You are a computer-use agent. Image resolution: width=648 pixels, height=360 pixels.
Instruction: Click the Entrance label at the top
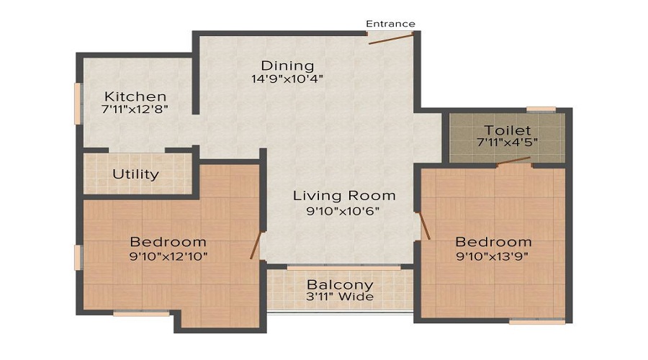[390, 24]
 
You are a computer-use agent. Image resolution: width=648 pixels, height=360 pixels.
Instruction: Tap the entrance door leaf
[390, 40]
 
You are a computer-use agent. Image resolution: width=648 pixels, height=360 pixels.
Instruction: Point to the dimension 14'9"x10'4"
[287, 78]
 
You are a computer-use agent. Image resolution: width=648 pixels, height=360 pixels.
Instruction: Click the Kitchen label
[135, 96]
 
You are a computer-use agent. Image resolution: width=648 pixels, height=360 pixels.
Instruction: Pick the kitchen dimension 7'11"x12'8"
[135, 109]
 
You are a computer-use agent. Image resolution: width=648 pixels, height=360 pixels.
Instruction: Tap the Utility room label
[135, 174]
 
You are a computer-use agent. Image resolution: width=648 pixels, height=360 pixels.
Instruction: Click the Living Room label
[344, 195]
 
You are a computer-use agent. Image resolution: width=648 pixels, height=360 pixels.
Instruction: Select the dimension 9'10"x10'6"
[343, 211]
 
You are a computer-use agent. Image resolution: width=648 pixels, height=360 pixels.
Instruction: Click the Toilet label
[508, 130]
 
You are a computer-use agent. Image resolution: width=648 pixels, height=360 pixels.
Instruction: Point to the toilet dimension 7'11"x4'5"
[508, 142]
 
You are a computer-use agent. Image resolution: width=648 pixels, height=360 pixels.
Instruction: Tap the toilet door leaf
[513, 161]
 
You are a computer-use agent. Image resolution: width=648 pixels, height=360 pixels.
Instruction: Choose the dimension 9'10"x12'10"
[168, 256]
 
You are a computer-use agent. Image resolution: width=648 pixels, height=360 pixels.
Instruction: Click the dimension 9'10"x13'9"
[492, 256]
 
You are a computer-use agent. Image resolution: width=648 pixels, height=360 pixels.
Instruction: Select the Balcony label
[340, 284]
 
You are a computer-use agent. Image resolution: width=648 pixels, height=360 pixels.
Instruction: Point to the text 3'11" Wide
[340, 297]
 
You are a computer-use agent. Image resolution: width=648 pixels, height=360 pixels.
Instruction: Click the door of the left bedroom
[256, 245]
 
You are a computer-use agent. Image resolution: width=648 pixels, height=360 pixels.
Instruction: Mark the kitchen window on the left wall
[77, 104]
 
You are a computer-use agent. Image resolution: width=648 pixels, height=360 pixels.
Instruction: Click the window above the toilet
[541, 109]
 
